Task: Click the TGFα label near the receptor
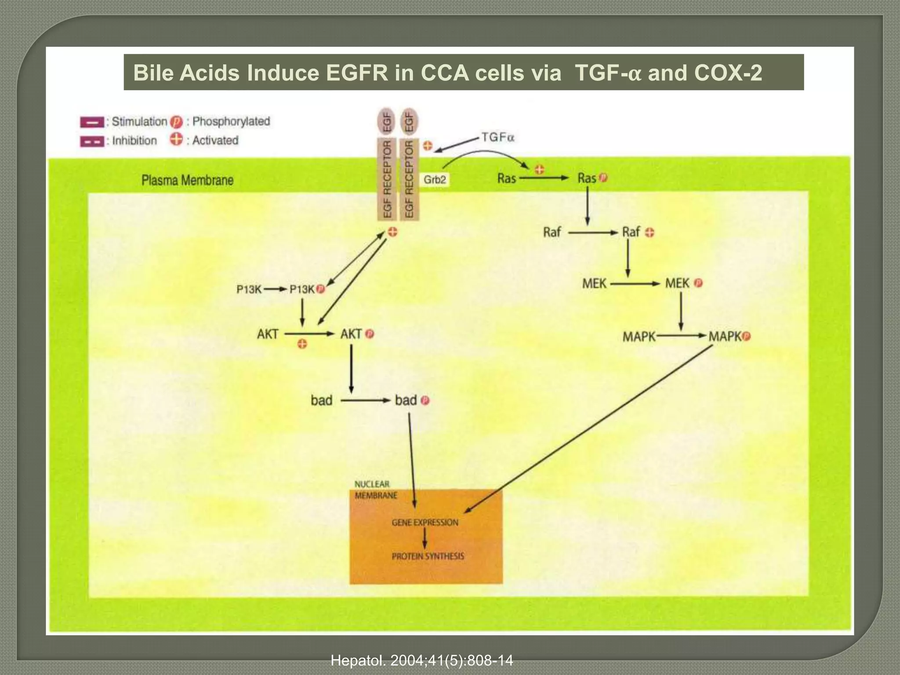tap(497, 138)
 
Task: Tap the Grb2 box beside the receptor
tap(435, 179)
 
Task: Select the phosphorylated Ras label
tap(587, 178)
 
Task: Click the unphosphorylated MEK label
tap(594, 283)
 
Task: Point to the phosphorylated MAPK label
tap(725, 336)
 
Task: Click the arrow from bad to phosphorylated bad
tap(366, 400)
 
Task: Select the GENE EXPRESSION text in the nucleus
tap(425, 523)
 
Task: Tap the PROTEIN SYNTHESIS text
tap(428, 556)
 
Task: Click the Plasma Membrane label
tap(187, 180)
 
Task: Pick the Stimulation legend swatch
tap(92, 122)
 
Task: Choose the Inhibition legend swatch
tap(92, 142)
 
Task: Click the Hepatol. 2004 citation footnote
tap(421, 660)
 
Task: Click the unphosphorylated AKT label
tap(268, 334)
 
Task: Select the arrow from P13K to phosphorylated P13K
tap(276, 289)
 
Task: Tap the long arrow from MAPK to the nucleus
tap(589, 428)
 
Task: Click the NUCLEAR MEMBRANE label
tap(375, 490)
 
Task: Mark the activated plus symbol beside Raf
tap(650, 232)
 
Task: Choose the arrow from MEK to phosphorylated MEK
tap(635, 284)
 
